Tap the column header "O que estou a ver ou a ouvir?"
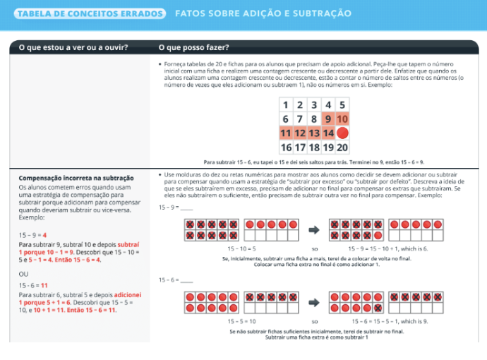point(73,47)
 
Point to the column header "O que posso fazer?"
point(194,47)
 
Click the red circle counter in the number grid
point(343,133)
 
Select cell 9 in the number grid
point(328,119)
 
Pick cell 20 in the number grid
point(343,148)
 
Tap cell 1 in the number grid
point(285,104)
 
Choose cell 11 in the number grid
point(285,133)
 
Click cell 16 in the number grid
point(285,148)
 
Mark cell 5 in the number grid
point(343,104)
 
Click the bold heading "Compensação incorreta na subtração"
point(76,178)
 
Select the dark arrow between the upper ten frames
point(315,230)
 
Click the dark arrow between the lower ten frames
point(315,302)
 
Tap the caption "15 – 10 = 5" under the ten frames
point(241,248)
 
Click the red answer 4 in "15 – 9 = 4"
point(44,234)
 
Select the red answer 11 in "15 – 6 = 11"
point(44,284)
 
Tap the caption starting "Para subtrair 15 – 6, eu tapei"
point(313,161)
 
